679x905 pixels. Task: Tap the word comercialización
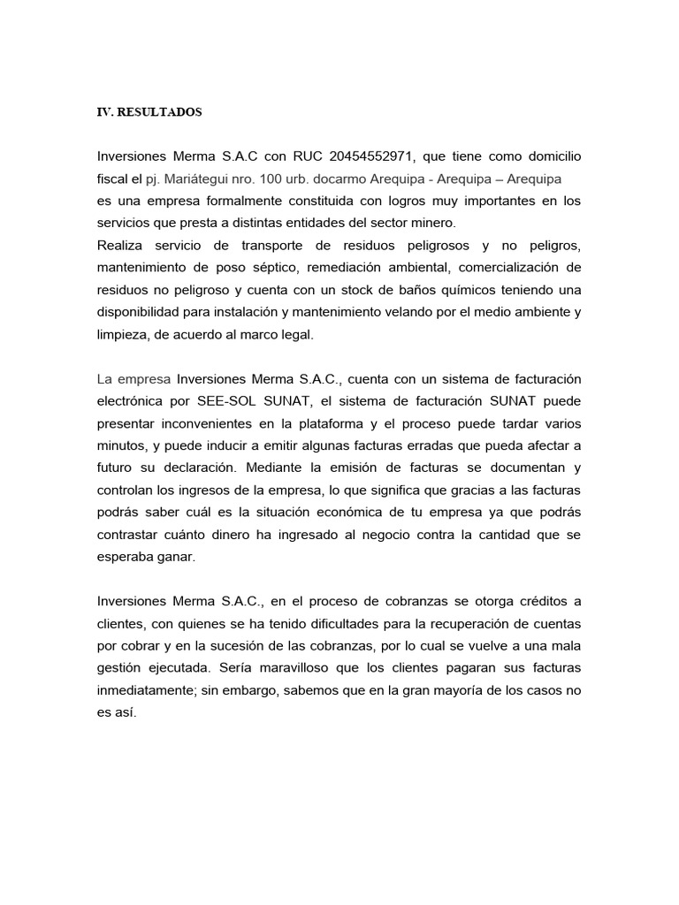[x=499, y=267]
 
